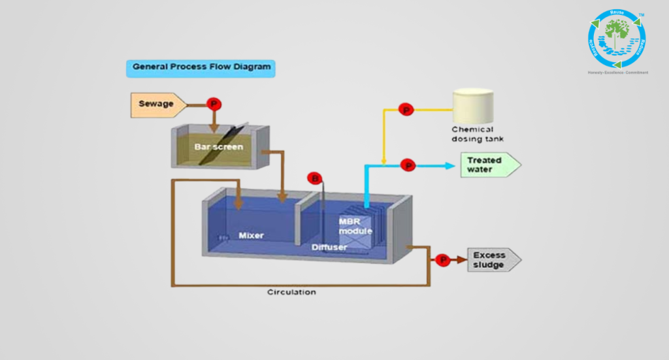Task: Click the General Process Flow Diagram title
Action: [x=200, y=67]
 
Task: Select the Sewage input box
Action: [x=157, y=104]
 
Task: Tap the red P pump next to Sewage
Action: [x=213, y=104]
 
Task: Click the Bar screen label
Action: [x=218, y=147]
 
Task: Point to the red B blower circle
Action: [x=316, y=178]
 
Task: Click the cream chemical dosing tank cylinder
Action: [x=474, y=104]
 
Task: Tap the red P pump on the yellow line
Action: [x=406, y=110]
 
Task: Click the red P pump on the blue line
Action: [x=408, y=165]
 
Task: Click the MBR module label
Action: [x=355, y=226]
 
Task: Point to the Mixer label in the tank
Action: [x=251, y=235]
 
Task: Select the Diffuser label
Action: [x=329, y=247]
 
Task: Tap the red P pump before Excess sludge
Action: [x=442, y=260]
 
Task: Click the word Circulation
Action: [x=291, y=292]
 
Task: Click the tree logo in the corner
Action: [x=617, y=38]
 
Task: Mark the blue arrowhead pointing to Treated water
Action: [x=450, y=165]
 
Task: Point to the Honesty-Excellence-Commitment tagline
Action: [x=617, y=73]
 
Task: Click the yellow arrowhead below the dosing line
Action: [x=384, y=161]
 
